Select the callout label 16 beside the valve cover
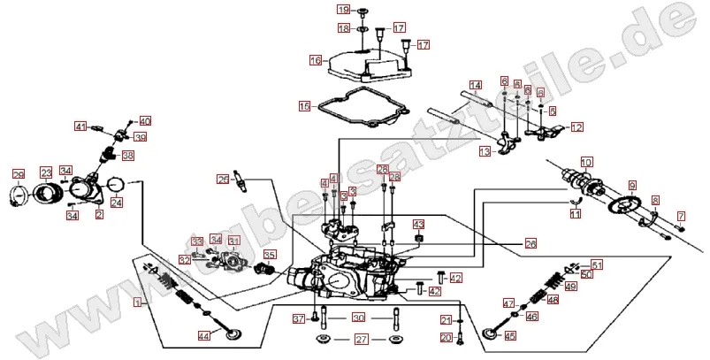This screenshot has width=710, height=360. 315,61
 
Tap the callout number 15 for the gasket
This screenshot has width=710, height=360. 304,107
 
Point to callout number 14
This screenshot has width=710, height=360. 475,86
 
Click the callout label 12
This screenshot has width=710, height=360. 576,127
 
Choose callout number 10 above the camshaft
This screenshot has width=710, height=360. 587,163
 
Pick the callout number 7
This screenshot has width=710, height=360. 681,216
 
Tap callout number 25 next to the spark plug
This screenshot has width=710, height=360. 223,180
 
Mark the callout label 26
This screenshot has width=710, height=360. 531,242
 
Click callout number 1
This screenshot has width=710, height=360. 137,302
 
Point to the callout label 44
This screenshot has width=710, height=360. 203,335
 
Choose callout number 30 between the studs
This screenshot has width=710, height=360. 358,318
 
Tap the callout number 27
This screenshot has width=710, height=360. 361,339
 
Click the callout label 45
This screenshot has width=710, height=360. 509,335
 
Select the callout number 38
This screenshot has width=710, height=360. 127,156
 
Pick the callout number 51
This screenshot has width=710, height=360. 597,264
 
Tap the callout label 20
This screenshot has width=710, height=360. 446,337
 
